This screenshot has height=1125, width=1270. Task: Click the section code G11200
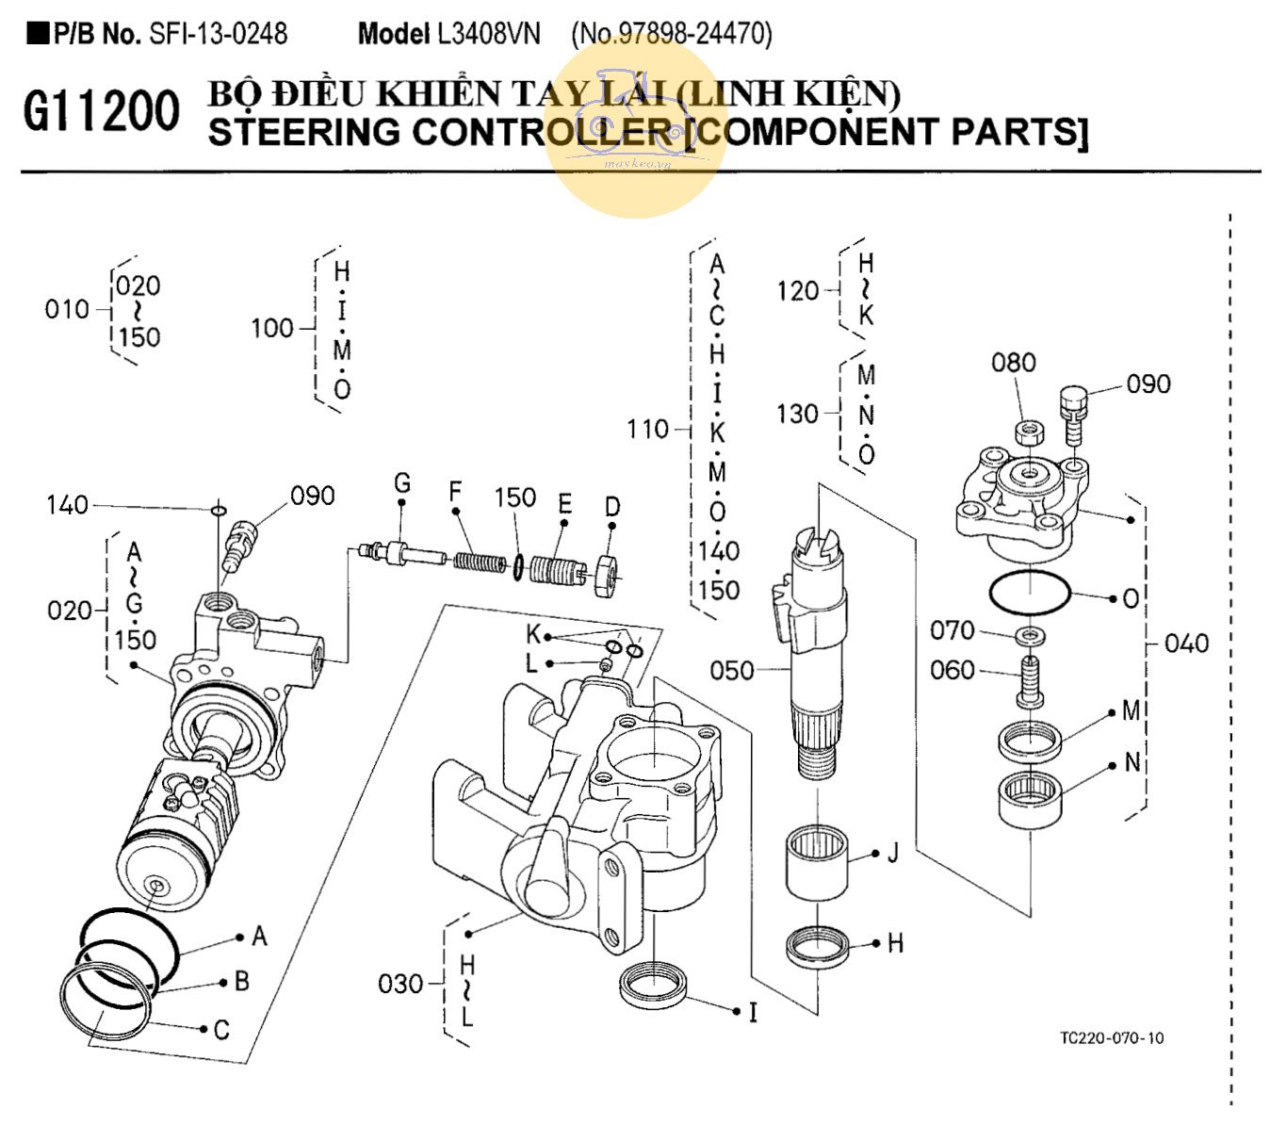101,112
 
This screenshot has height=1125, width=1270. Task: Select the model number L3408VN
488,34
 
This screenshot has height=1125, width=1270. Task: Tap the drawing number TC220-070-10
1111,1038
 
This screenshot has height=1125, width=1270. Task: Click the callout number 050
732,671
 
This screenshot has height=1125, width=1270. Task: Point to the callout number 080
1013,363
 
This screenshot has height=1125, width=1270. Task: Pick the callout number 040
1186,644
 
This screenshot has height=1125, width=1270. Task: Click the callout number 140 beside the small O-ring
67,506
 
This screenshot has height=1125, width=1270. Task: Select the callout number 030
400,985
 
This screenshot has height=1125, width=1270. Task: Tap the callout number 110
647,430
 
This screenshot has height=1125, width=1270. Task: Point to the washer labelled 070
1032,635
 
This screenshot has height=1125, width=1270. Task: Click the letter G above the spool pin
402,484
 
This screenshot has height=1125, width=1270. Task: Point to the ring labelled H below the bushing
817,946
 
